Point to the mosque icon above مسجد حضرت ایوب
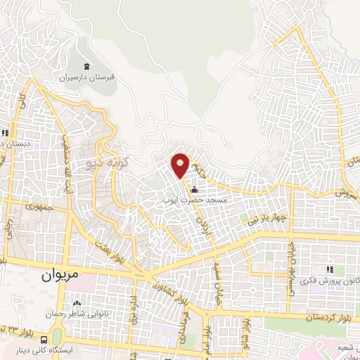click(x=193, y=189)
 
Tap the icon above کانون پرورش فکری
click(x=329, y=269)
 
